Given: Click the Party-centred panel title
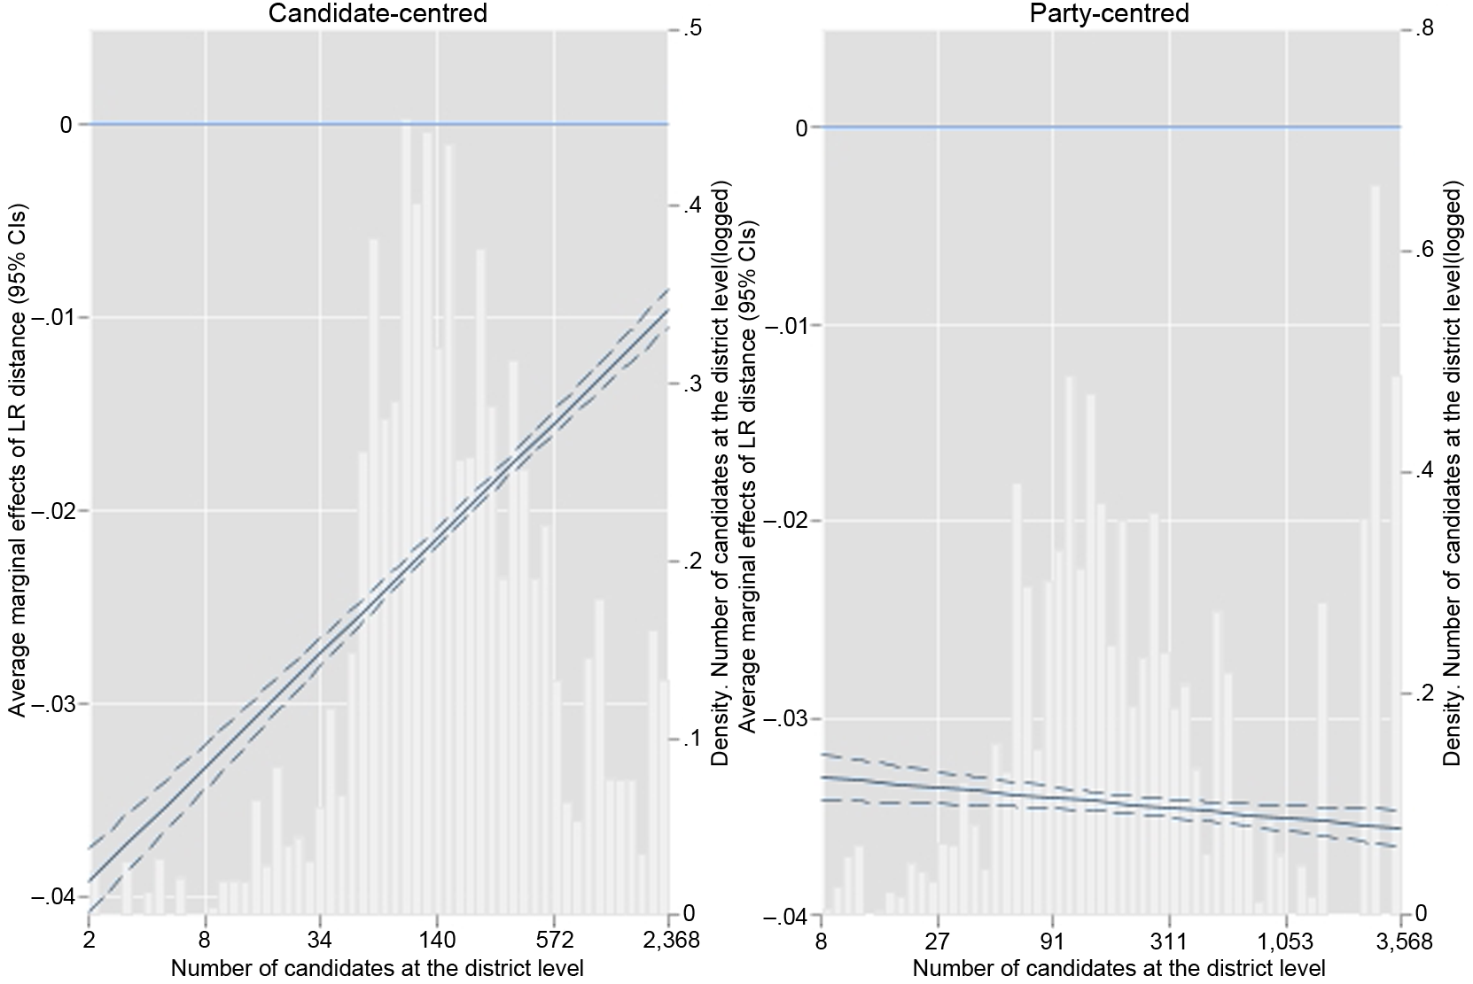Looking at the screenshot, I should click(x=1110, y=13).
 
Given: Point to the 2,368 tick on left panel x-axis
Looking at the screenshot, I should click(x=669, y=941).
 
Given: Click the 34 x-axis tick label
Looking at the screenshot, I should click(x=321, y=941).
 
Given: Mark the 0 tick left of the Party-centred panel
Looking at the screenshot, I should click(x=800, y=128).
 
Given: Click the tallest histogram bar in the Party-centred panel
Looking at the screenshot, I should click(x=1376, y=549).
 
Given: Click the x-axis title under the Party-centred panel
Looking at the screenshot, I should click(x=1118, y=968).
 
